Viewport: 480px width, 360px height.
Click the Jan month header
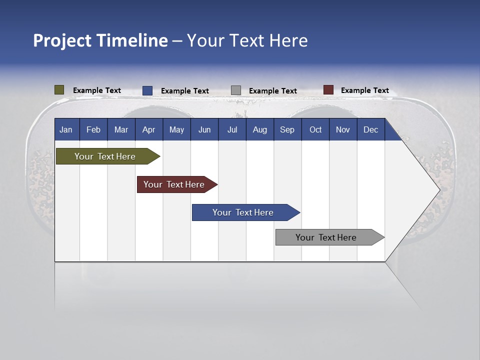tap(66, 129)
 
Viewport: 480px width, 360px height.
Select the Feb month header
tap(93, 129)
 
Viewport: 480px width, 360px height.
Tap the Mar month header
tap(121, 129)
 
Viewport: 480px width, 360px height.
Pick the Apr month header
tap(149, 129)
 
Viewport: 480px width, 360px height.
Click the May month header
tap(176, 129)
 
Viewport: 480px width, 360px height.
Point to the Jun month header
tap(204, 129)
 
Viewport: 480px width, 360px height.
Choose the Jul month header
tap(232, 129)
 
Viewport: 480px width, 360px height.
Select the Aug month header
tap(260, 129)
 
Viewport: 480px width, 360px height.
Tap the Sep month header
tap(287, 129)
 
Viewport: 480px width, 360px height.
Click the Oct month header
tap(315, 129)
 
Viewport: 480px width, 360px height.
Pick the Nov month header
tap(343, 129)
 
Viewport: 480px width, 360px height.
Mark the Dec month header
tap(371, 129)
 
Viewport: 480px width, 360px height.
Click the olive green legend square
tap(59, 90)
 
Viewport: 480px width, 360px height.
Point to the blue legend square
tap(147, 90)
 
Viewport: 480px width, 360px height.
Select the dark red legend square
tap(328, 90)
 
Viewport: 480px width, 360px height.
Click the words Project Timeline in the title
tap(100, 40)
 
